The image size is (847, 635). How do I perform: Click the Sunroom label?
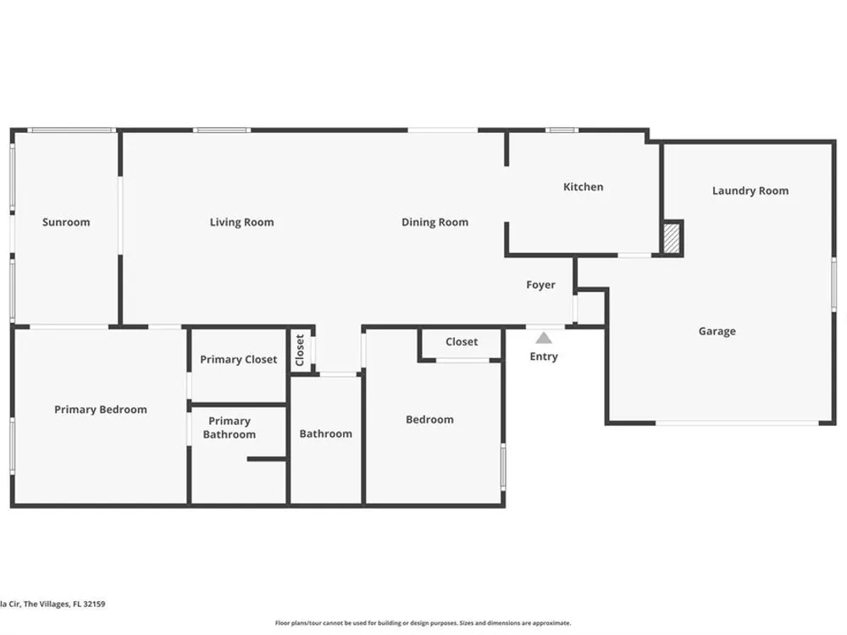click(x=66, y=222)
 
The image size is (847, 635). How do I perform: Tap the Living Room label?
click(x=241, y=222)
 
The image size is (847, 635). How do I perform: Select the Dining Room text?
click(x=435, y=222)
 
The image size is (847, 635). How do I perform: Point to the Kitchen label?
click(x=583, y=187)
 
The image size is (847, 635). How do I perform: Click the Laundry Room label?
click(x=750, y=190)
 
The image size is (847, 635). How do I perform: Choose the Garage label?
click(x=717, y=331)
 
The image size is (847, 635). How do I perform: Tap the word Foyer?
click(x=540, y=284)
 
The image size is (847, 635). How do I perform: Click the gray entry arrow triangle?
click(x=544, y=338)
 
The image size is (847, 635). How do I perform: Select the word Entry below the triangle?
click(x=544, y=356)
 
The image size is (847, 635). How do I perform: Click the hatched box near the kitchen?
click(x=671, y=238)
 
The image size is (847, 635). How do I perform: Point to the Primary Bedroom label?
click(x=101, y=409)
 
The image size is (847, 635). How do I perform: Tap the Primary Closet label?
click(x=238, y=360)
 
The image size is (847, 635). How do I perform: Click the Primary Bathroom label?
click(x=230, y=428)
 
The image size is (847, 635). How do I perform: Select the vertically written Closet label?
click(x=300, y=350)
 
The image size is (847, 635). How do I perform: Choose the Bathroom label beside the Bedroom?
click(x=326, y=433)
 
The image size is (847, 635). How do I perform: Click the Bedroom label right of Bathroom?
click(x=429, y=420)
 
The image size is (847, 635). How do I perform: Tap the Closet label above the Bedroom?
click(x=462, y=342)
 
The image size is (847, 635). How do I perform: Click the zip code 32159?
click(x=94, y=605)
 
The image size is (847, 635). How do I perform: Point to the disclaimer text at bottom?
click(x=423, y=623)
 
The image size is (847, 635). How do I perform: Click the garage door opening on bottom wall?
click(x=737, y=423)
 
